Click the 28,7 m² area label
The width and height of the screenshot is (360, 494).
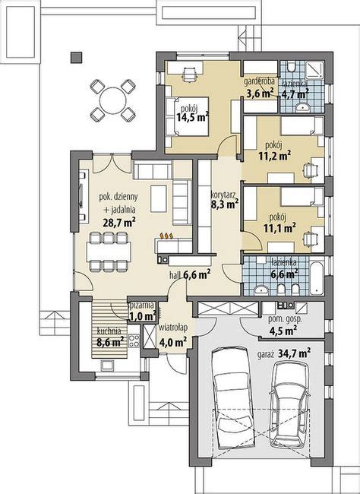click(118, 223)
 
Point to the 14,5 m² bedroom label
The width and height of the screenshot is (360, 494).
click(191, 118)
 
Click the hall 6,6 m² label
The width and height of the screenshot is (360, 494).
click(195, 276)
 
